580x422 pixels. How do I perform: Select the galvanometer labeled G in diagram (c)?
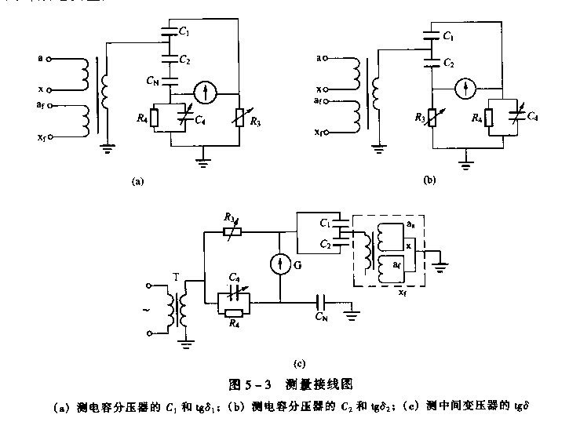280,259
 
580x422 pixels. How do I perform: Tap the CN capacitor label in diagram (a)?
151,81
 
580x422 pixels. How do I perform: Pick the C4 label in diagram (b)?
534,116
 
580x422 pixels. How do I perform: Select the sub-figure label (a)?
138,180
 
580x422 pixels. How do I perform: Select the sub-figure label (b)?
429,180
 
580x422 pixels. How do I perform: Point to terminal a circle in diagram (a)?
50,57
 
